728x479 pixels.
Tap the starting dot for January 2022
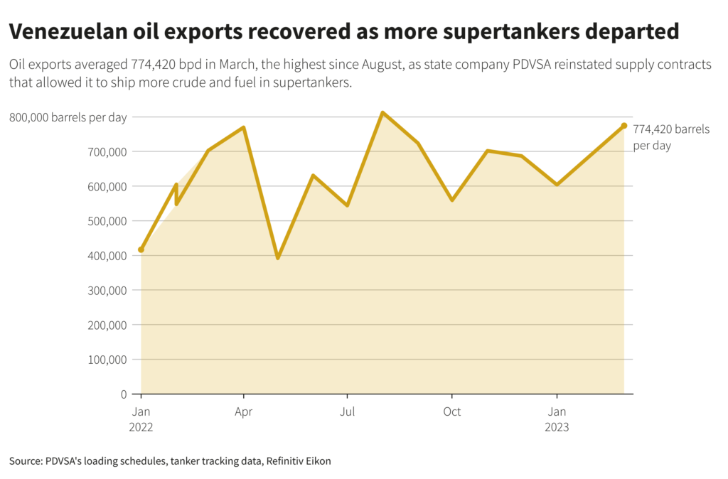point(141,249)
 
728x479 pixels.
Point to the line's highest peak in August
point(382,113)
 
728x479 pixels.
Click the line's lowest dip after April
point(278,257)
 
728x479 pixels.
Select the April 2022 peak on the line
point(244,128)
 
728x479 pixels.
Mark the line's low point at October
point(452,200)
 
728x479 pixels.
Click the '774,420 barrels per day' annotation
point(662,137)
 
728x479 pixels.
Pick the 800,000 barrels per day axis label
point(68,117)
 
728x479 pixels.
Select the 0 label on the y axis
point(123,394)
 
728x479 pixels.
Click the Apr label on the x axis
point(244,411)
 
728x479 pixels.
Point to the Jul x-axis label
point(348,411)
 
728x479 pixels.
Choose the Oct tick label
point(451,411)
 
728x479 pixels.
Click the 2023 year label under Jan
point(557,427)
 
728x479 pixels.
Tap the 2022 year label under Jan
point(141,427)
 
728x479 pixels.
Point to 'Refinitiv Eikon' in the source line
point(298,461)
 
